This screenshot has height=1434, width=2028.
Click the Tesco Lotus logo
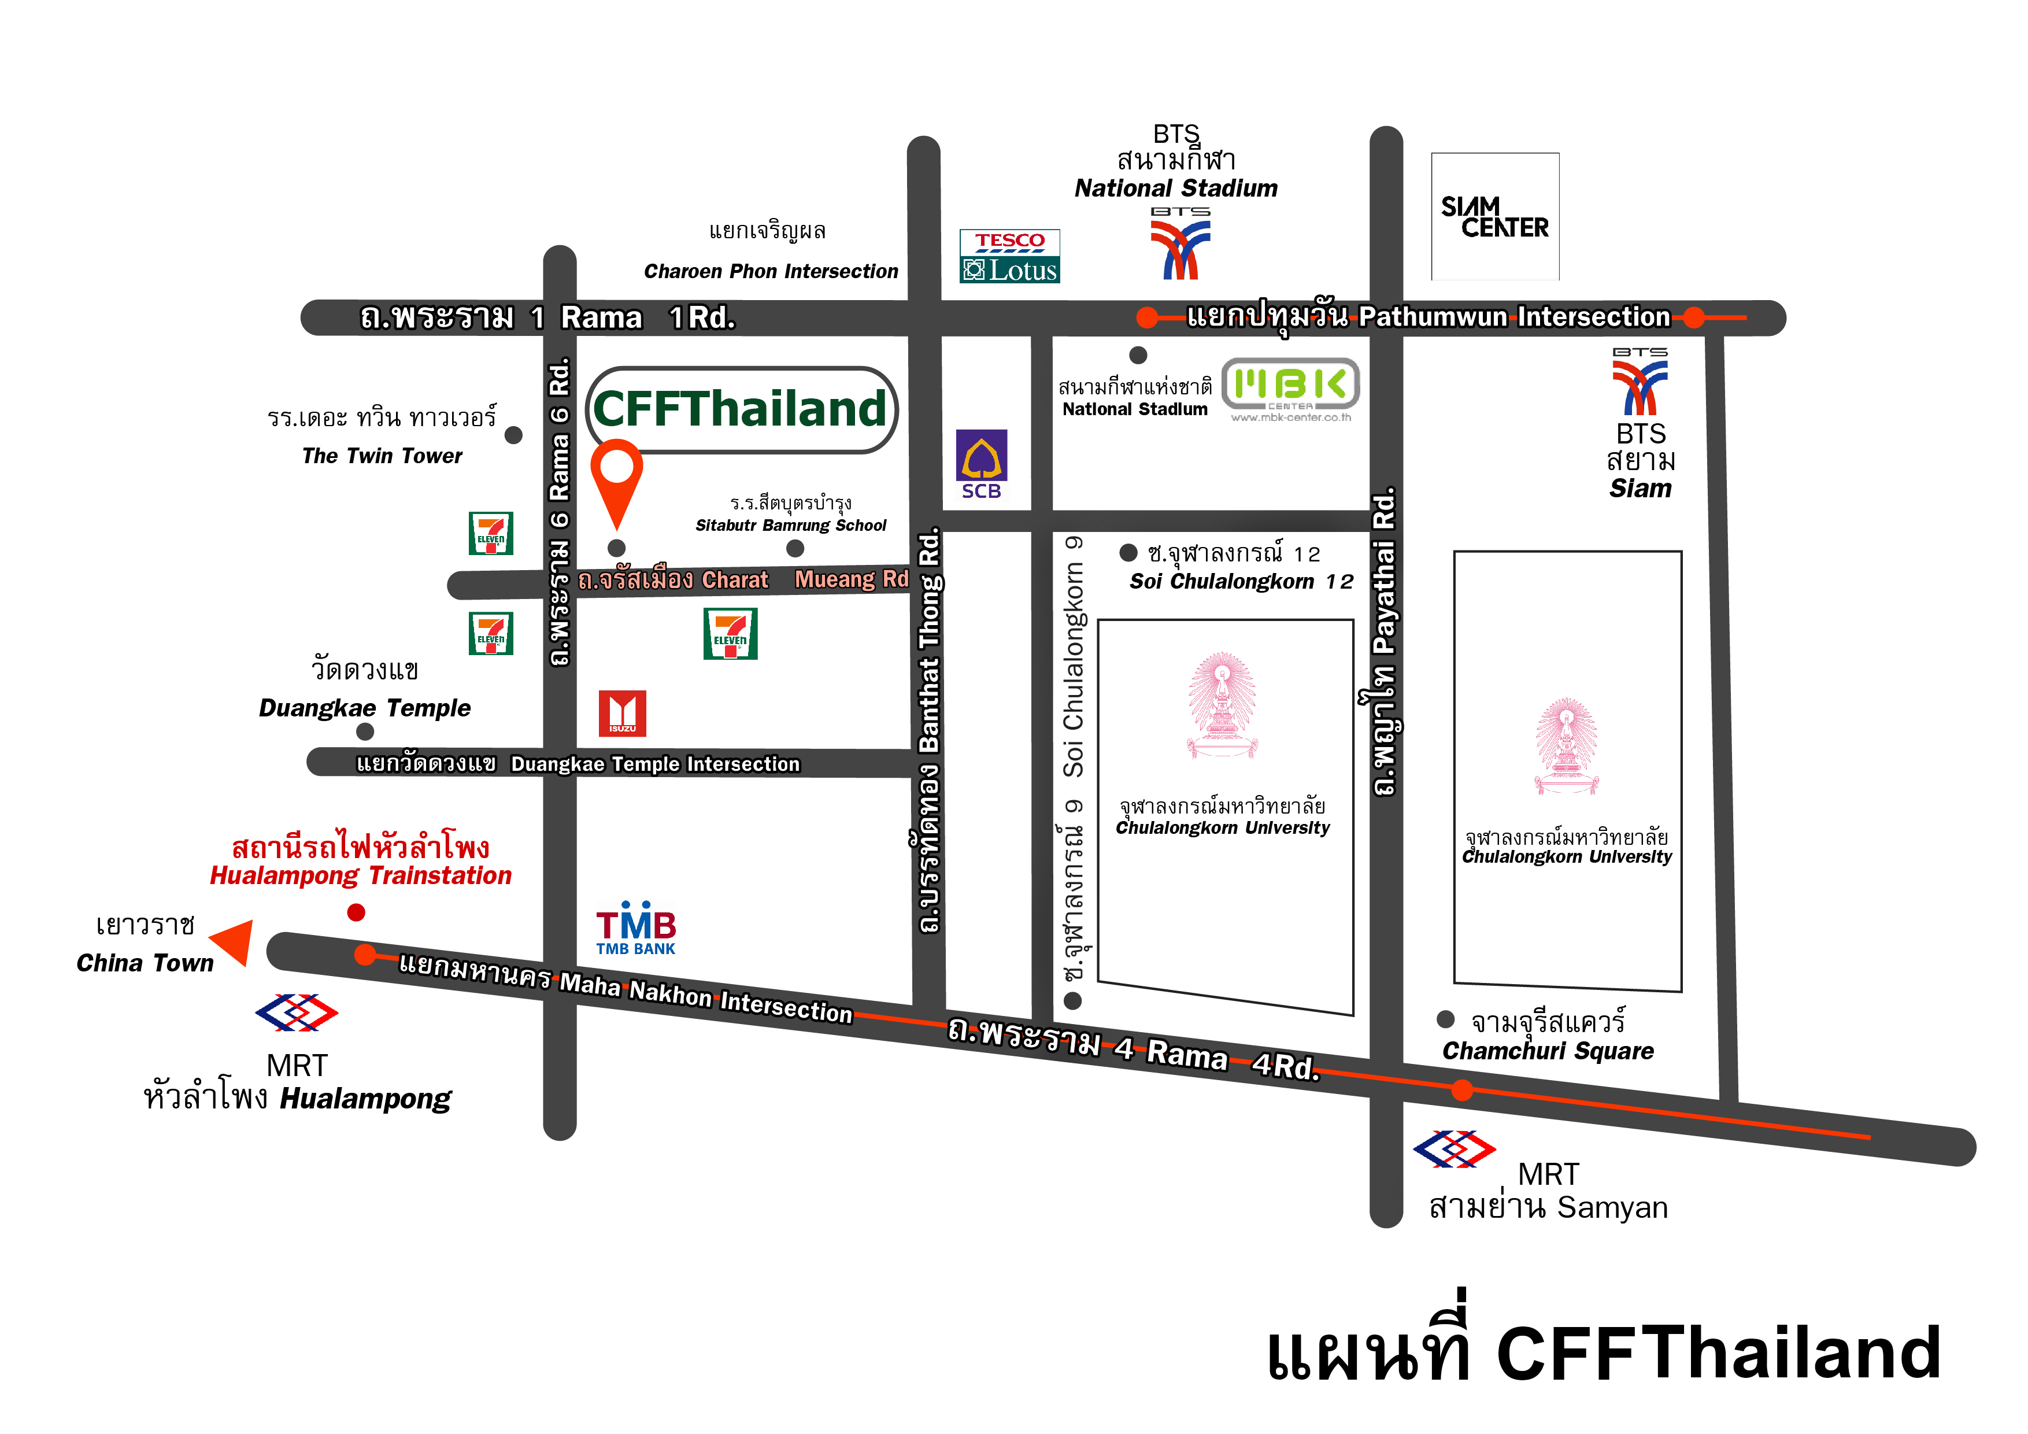(1009, 256)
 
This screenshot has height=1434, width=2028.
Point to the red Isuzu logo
(622, 713)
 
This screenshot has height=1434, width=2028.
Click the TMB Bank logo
(635, 929)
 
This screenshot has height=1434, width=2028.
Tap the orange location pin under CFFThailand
(616, 477)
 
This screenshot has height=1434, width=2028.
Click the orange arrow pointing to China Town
(234, 942)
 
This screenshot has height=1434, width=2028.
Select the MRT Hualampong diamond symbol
(296, 1012)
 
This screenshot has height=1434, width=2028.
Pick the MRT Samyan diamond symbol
(1454, 1148)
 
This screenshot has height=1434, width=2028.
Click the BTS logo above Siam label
(1640, 385)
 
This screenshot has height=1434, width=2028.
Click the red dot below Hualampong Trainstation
(356, 912)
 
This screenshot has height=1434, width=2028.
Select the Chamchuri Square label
(1548, 1051)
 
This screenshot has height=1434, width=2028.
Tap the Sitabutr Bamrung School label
(790, 525)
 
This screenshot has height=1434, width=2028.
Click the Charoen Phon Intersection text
(770, 271)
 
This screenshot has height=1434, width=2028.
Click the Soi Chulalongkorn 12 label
(1241, 581)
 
